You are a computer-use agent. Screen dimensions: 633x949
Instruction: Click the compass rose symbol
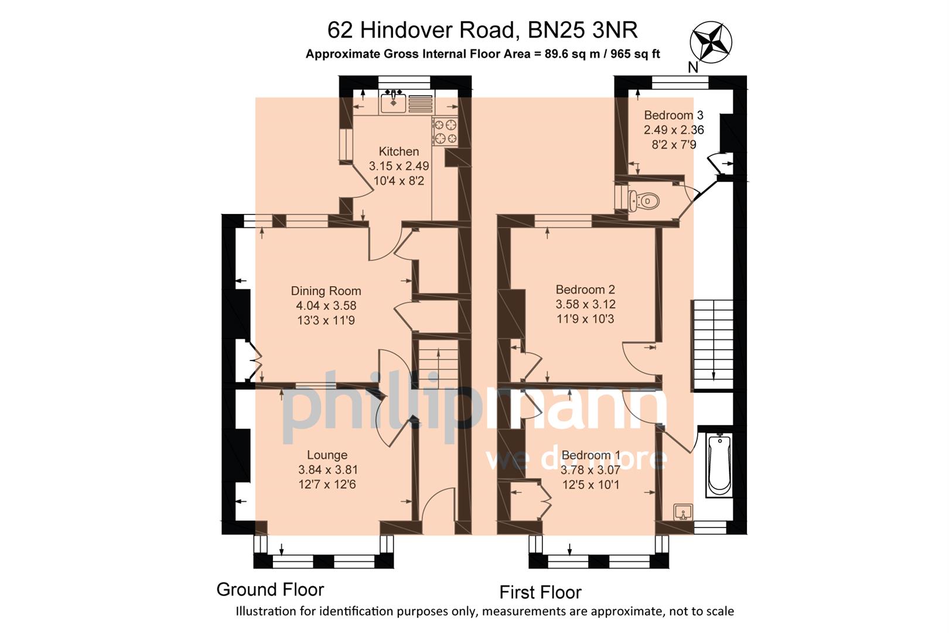[x=711, y=42]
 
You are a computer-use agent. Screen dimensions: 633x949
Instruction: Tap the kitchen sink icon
[x=394, y=102]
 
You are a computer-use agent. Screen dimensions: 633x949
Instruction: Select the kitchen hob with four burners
[x=445, y=131]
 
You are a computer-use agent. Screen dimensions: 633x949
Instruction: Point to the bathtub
[x=718, y=465]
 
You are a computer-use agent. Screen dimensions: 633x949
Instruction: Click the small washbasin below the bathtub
[x=683, y=512]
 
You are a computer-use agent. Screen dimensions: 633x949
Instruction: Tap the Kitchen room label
[x=398, y=151]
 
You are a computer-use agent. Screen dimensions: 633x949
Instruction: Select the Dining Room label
[x=326, y=291]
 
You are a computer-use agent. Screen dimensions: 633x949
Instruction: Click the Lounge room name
[x=327, y=455]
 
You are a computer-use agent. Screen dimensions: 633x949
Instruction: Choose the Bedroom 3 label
[x=674, y=115]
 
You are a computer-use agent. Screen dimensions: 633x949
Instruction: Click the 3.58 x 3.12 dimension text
[x=585, y=304]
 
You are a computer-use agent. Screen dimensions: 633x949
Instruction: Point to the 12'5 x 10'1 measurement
[x=590, y=485]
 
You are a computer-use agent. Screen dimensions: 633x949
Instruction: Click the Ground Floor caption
[x=270, y=589]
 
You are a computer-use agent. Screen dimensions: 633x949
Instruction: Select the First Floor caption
[x=540, y=592]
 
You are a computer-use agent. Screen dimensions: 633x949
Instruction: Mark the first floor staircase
[x=712, y=345]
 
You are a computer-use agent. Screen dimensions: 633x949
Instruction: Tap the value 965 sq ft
[x=635, y=54]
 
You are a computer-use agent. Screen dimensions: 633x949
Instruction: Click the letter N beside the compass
[x=693, y=67]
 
